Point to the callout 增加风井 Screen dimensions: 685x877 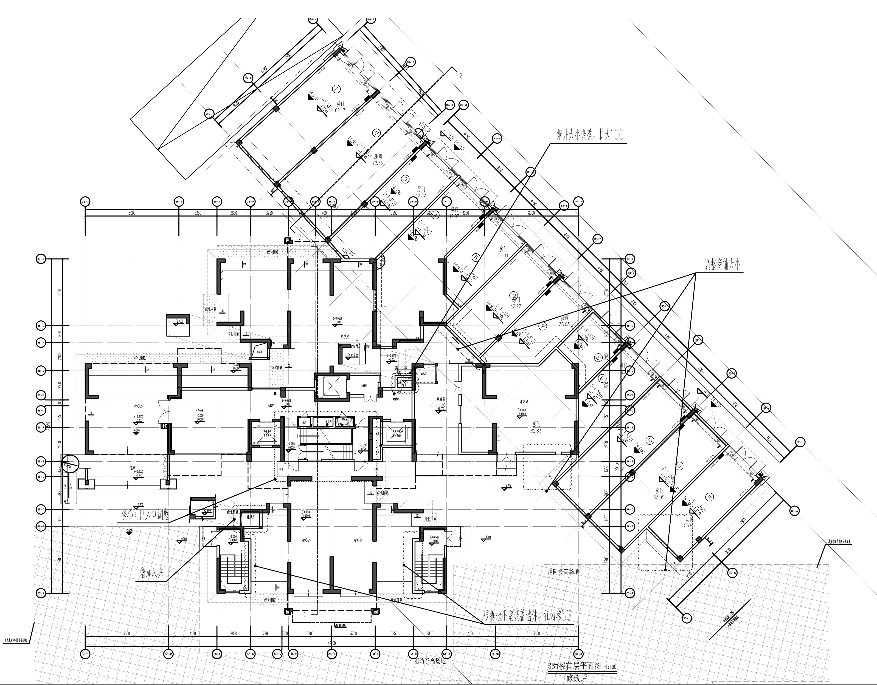click(x=149, y=574)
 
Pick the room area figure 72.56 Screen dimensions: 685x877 click(x=377, y=163)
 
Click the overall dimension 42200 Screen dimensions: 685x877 click(x=332, y=643)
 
